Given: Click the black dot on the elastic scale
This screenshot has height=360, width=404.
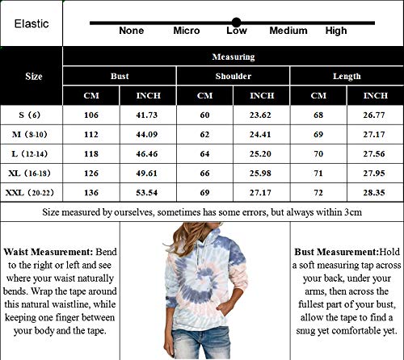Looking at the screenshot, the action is tap(236, 22).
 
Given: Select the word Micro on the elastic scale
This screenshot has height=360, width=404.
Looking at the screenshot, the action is tap(186, 31).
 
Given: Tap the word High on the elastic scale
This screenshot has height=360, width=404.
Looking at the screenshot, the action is tap(335, 31).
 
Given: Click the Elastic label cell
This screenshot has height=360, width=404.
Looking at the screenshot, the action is tap(32, 23).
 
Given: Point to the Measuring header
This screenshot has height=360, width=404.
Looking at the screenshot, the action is tap(233, 57).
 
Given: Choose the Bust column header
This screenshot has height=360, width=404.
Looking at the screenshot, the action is tap(120, 76).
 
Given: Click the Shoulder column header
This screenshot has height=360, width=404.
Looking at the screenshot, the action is tap(233, 76).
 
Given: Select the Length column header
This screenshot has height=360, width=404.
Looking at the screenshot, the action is tap(347, 76).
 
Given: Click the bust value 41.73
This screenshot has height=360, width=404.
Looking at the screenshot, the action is tap(148, 115).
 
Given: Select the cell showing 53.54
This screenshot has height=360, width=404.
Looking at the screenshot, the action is tap(148, 193).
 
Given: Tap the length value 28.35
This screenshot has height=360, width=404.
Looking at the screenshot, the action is tap(375, 193).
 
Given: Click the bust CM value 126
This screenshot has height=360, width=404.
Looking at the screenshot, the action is tap(91, 173).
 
